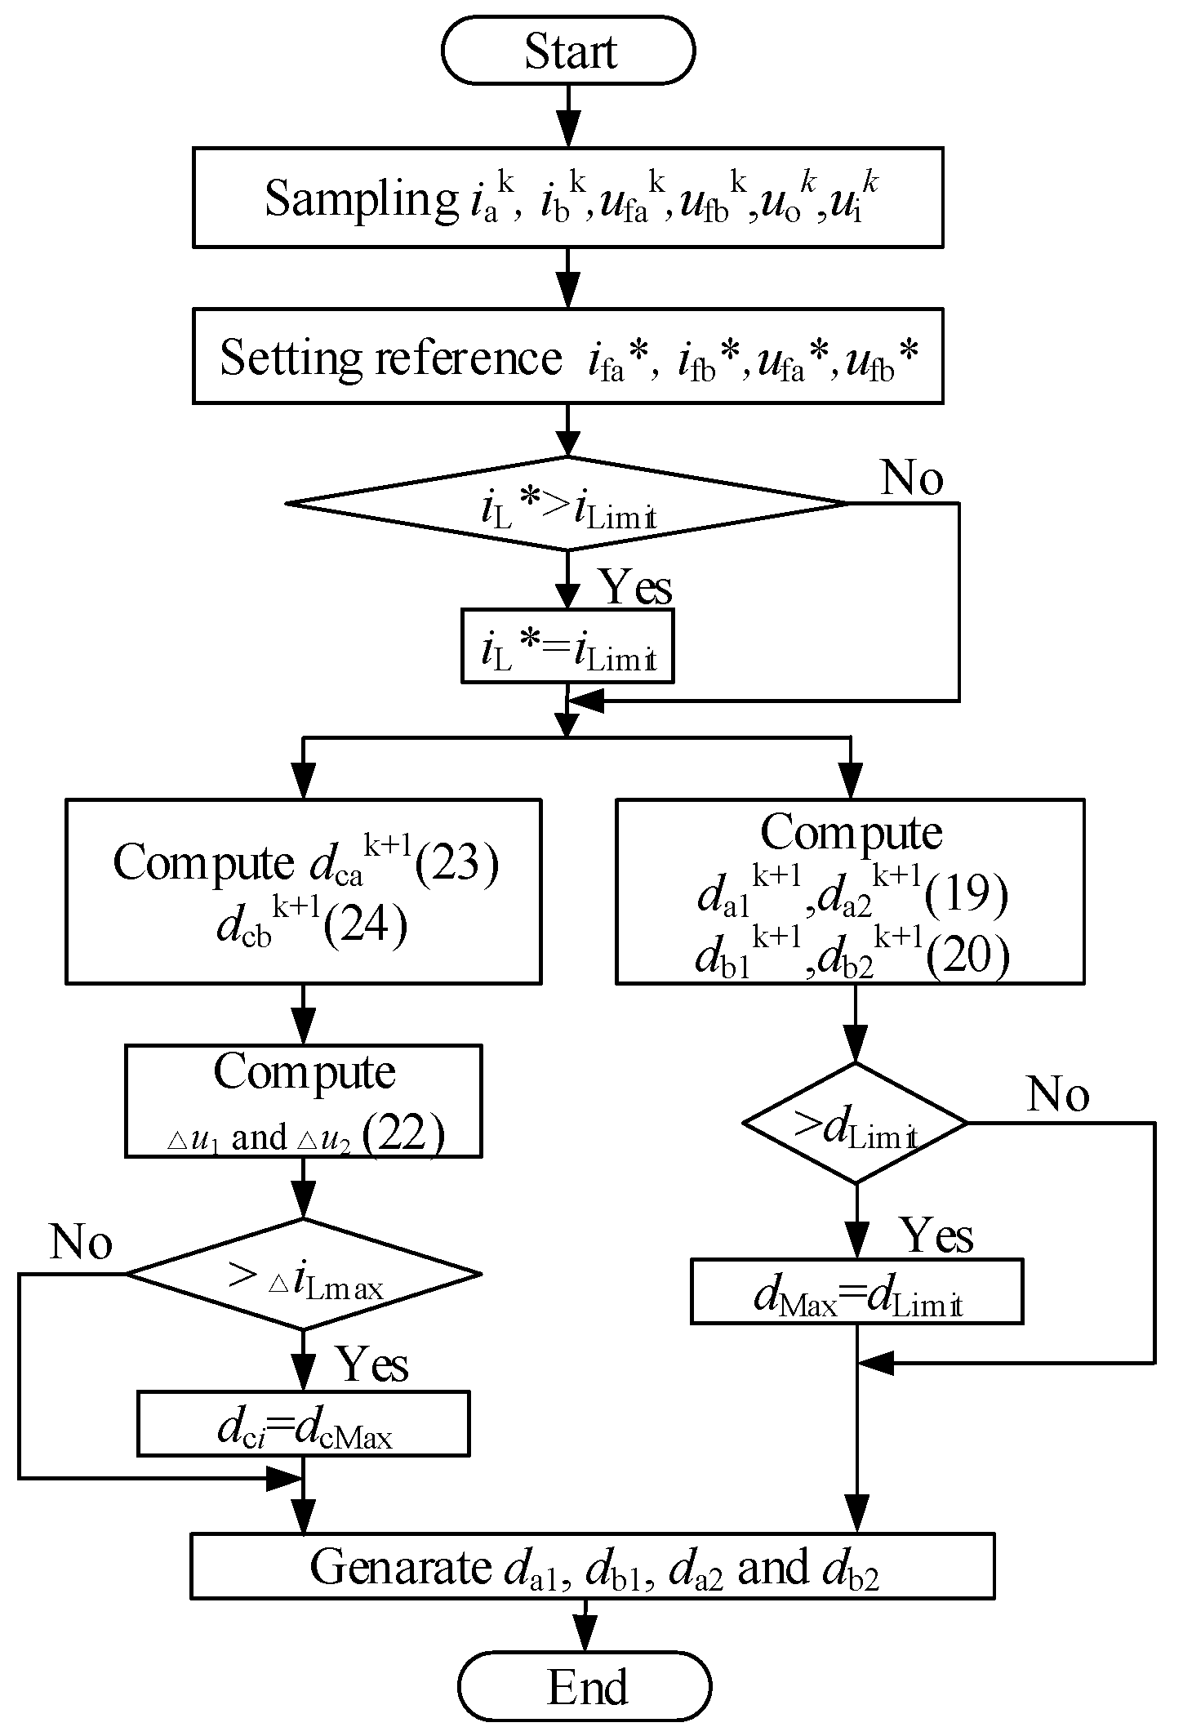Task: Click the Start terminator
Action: coord(568,50)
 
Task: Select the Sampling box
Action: coord(568,197)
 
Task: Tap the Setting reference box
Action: coord(568,356)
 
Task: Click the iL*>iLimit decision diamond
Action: coord(568,504)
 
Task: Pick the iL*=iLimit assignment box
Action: coord(568,645)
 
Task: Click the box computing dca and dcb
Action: coord(303,891)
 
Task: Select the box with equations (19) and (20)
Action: coord(850,891)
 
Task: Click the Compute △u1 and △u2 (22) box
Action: coord(303,1102)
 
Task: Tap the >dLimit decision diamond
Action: coord(856,1123)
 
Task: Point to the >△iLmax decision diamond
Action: coord(303,1274)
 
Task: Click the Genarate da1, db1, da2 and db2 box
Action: coord(592,1565)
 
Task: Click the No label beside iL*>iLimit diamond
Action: coord(911,478)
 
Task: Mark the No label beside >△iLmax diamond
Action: coord(80,1243)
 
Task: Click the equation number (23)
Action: coord(457,862)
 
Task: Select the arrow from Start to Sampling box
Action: coord(568,115)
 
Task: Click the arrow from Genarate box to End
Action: coord(585,1625)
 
